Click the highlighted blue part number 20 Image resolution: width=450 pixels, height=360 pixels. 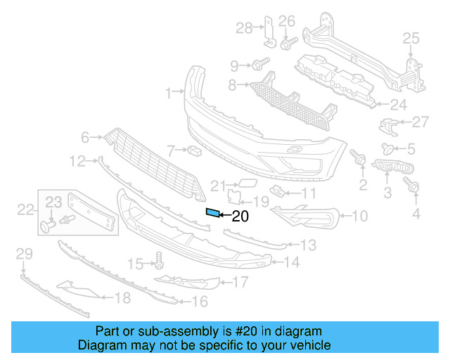[x=212, y=212]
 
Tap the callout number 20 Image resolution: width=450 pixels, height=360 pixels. [x=240, y=217]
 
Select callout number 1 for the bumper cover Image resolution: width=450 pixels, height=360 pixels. [x=169, y=92]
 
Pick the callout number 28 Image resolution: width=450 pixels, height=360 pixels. [x=243, y=28]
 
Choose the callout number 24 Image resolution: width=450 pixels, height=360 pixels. [x=399, y=105]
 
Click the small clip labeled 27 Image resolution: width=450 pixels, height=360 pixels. [x=387, y=125]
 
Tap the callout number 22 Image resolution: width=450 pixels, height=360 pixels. [x=25, y=209]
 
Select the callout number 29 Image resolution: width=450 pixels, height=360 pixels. [x=24, y=253]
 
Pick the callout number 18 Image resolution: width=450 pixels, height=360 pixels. [x=122, y=298]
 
